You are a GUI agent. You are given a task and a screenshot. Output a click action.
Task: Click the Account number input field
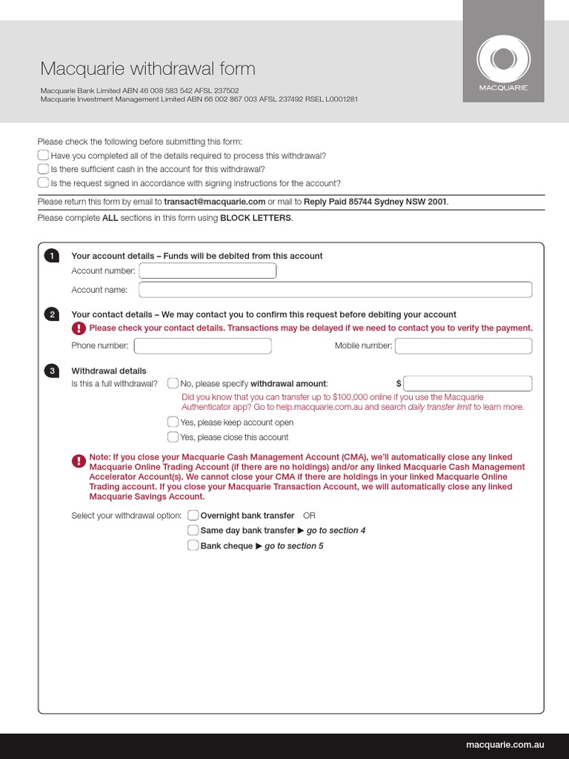click(x=207, y=271)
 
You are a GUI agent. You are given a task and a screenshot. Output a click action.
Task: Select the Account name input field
click(x=335, y=290)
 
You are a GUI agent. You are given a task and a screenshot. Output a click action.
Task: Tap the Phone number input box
click(x=202, y=346)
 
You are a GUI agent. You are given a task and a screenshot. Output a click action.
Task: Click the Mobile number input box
click(x=463, y=346)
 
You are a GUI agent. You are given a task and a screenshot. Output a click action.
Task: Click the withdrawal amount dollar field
click(x=468, y=383)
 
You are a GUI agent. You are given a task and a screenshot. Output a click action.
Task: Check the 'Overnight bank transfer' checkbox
click(x=193, y=515)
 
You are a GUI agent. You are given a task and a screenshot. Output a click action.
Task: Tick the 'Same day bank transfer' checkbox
click(x=193, y=530)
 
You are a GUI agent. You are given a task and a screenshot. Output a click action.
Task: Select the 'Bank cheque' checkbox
click(x=193, y=546)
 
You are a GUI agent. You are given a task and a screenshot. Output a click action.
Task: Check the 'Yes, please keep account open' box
click(x=173, y=422)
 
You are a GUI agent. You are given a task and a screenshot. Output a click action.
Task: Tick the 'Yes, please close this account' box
click(x=173, y=437)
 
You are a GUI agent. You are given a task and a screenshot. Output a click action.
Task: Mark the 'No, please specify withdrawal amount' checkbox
click(x=173, y=383)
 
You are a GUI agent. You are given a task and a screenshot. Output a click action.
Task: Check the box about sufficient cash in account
click(x=43, y=169)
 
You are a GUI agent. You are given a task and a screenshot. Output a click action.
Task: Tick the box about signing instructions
click(x=43, y=183)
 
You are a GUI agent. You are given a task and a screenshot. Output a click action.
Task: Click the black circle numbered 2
click(x=51, y=314)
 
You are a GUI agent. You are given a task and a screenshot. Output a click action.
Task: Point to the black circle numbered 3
click(x=51, y=371)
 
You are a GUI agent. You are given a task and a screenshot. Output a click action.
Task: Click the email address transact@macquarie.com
click(x=214, y=202)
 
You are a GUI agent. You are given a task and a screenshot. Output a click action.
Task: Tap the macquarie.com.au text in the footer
click(x=505, y=744)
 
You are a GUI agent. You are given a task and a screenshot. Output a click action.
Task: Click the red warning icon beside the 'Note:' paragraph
click(x=79, y=462)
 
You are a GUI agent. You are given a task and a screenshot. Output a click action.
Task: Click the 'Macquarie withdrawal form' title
click(x=147, y=69)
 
